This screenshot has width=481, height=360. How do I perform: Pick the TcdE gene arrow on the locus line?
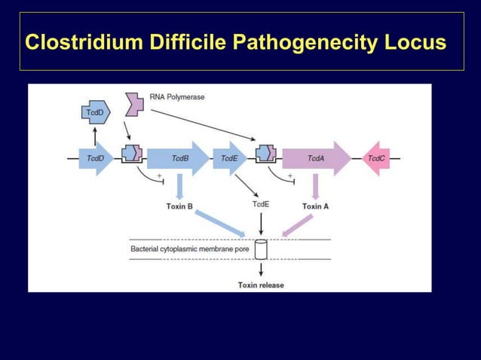coord(229,158)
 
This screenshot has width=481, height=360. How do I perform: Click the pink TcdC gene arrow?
coord(376,158)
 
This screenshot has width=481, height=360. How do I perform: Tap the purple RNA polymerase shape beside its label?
coord(134,104)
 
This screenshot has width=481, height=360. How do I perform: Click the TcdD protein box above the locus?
coord(95,113)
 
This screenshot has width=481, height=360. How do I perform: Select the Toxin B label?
coord(179,206)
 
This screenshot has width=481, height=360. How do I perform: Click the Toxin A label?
coord(315,206)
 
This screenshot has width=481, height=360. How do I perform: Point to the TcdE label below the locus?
coord(260,204)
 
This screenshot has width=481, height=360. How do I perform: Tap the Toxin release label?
coord(261,285)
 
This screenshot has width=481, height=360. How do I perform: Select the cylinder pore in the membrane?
coord(261,249)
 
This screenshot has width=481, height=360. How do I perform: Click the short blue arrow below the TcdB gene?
coord(179,187)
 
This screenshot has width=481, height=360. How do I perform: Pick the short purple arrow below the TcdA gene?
coord(315,187)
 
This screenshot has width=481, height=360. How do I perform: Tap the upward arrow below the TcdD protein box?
coord(95,134)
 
